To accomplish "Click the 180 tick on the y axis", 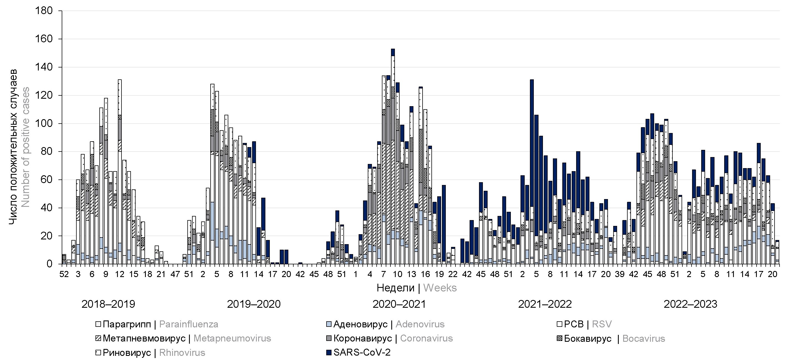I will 44,11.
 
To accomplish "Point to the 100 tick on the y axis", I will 44,124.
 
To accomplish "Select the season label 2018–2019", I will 108,304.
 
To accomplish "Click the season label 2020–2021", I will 399,304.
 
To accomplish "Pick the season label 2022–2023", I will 690,304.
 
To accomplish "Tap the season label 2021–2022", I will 545,304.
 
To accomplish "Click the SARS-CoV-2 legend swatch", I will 329,353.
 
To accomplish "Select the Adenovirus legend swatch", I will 329,324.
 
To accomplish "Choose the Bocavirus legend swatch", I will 559,338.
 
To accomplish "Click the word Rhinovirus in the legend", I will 182,353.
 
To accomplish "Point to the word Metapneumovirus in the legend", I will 232,338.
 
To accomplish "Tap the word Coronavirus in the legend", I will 426,338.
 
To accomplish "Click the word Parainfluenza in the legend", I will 188,324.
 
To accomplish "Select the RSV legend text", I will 602,324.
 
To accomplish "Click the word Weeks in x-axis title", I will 440,288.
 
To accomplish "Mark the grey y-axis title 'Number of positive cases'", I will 26,147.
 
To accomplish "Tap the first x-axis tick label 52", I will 64,274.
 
